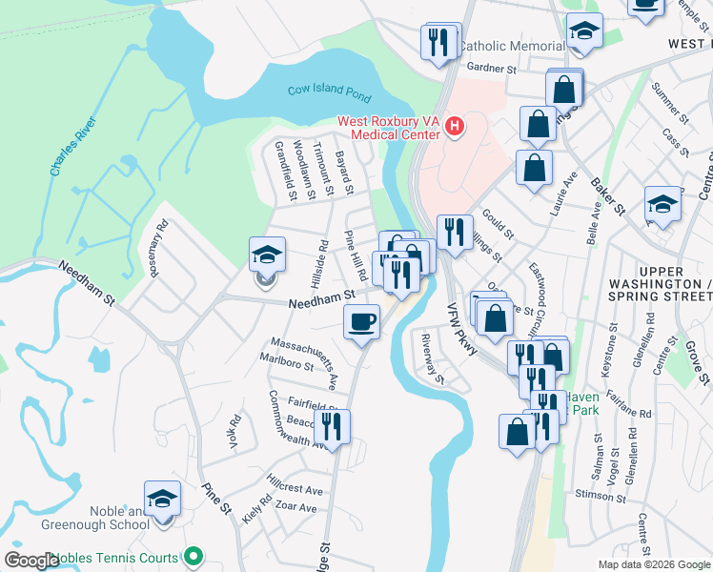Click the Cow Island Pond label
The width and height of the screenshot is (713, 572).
(x=329, y=92)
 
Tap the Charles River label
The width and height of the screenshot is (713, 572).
(x=72, y=145)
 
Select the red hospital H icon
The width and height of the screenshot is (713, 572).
(x=455, y=125)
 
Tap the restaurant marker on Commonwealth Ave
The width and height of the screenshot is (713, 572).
(x=332, y=425)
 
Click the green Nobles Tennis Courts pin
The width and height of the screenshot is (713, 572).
(x=194, y=556)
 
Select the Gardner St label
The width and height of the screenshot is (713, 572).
(x=492, y=69)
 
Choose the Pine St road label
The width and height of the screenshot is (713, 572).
(x=217, y=498)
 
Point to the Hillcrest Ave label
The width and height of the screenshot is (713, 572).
(x=295, y=489)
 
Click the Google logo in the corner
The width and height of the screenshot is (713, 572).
(x=31, y=561)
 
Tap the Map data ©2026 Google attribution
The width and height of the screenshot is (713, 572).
(x=654, y=563)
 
